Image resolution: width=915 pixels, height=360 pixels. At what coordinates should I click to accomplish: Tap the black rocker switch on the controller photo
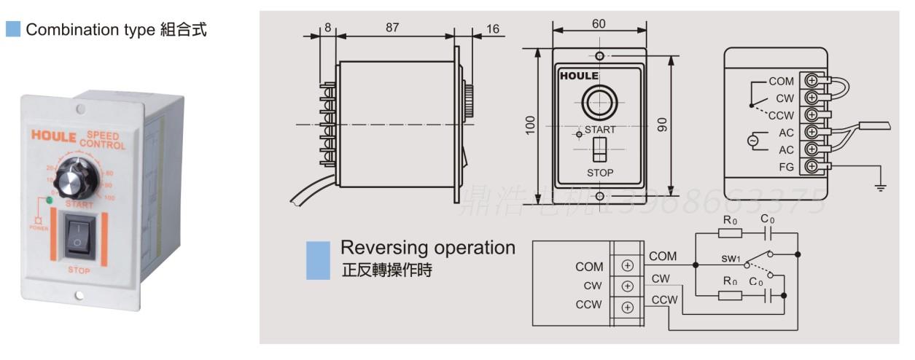(79, 239)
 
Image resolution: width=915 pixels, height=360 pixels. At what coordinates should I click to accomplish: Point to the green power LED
(48, 200)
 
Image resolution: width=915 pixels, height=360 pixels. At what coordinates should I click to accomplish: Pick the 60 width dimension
(599, 23)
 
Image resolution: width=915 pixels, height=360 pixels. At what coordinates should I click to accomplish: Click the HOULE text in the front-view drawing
(579, 76)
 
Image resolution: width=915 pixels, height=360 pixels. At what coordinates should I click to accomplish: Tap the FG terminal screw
(811, 167)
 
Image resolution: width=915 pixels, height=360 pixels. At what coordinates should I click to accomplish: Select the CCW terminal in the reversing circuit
(626, 306)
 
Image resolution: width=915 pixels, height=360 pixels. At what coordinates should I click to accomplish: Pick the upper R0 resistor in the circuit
(730, 233)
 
